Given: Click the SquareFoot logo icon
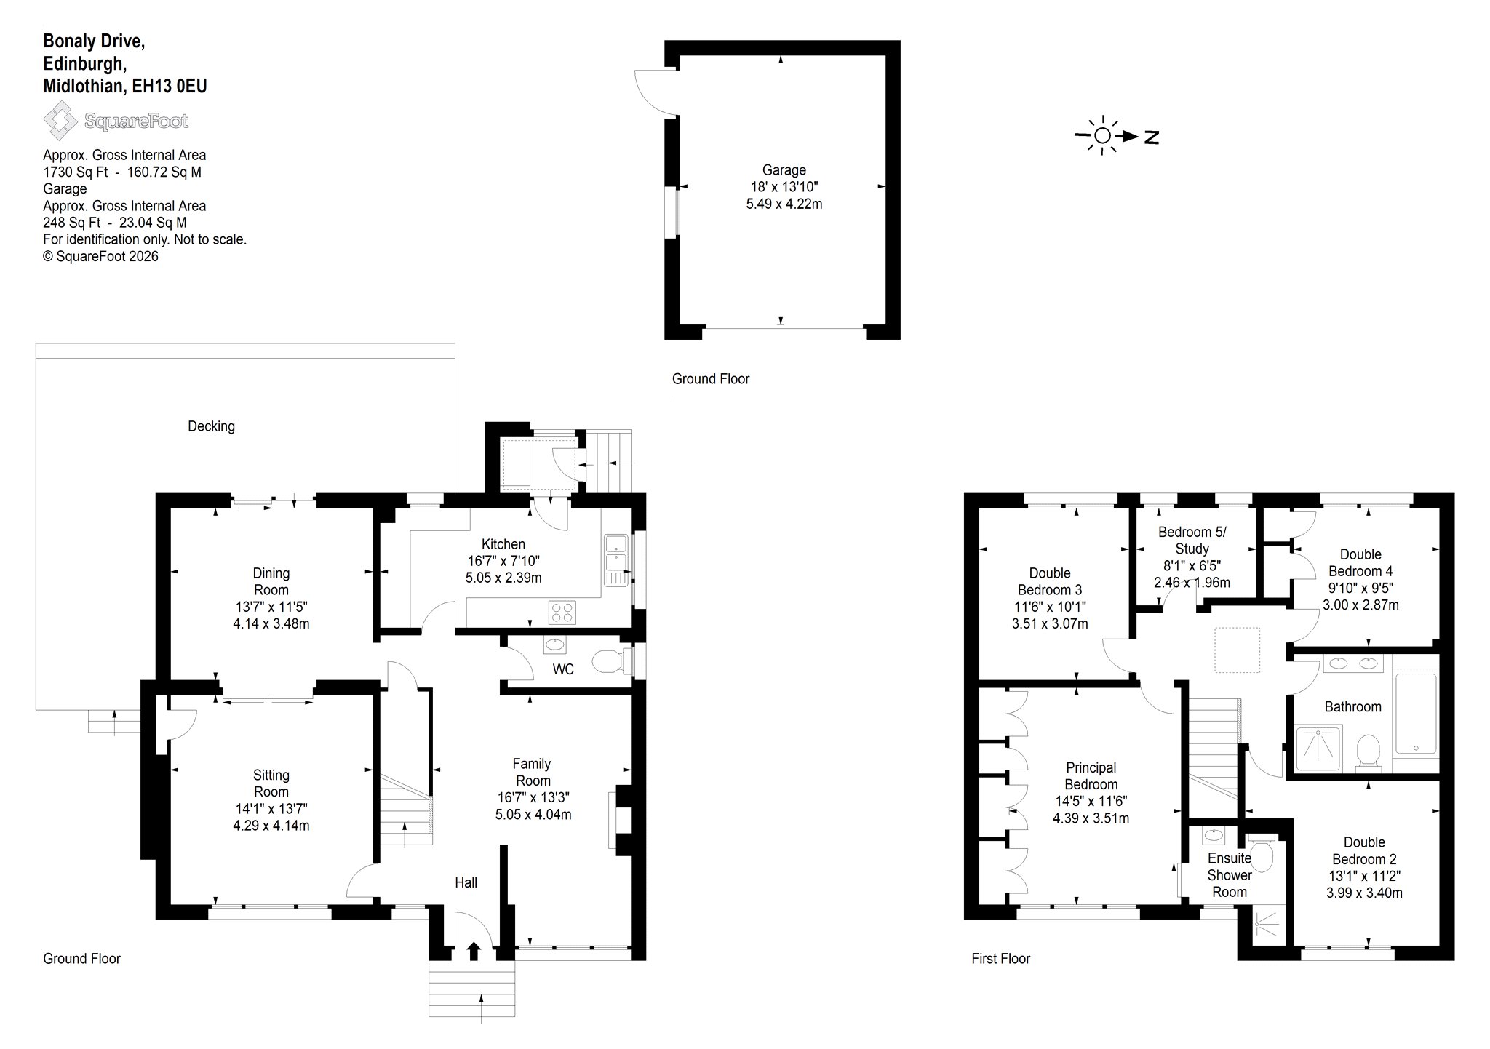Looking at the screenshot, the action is click(x=60, y=121).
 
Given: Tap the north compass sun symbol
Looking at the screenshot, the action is click(x=1102, y=136).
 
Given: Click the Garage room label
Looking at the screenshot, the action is click(x=784, y=170).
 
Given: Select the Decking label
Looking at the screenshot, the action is click(x=211, y=426).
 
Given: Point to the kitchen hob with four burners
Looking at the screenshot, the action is click(x=562, y=612).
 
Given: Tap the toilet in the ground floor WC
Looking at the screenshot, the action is click(x=608, y=663).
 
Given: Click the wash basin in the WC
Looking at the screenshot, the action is click(x=555, y=645).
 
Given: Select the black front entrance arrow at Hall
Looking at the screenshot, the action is click(x=474, y=951).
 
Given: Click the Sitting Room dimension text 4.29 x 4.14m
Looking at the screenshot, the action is click(x=271, y=826).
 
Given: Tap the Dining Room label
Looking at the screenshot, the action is click(x=271, y=581).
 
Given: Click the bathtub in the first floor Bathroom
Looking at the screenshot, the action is click(x=1415, y=714).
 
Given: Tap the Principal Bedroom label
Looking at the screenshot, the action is click(x=1091, y=776).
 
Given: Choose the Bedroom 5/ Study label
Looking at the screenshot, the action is click(x=1192, y=541).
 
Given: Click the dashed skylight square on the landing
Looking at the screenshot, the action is click(x=1237, y=650).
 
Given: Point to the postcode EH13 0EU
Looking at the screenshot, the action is click(x=170, y=86).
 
